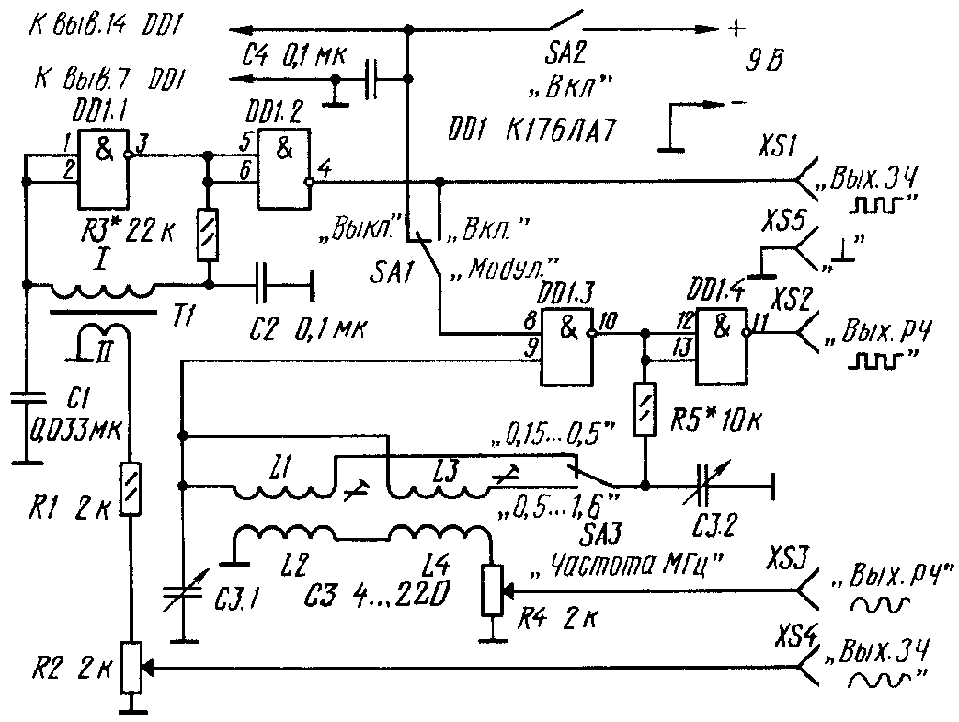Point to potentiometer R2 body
(x=132, y=667)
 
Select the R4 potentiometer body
(x=492, y=591)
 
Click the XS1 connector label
(x=778, y=148)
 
